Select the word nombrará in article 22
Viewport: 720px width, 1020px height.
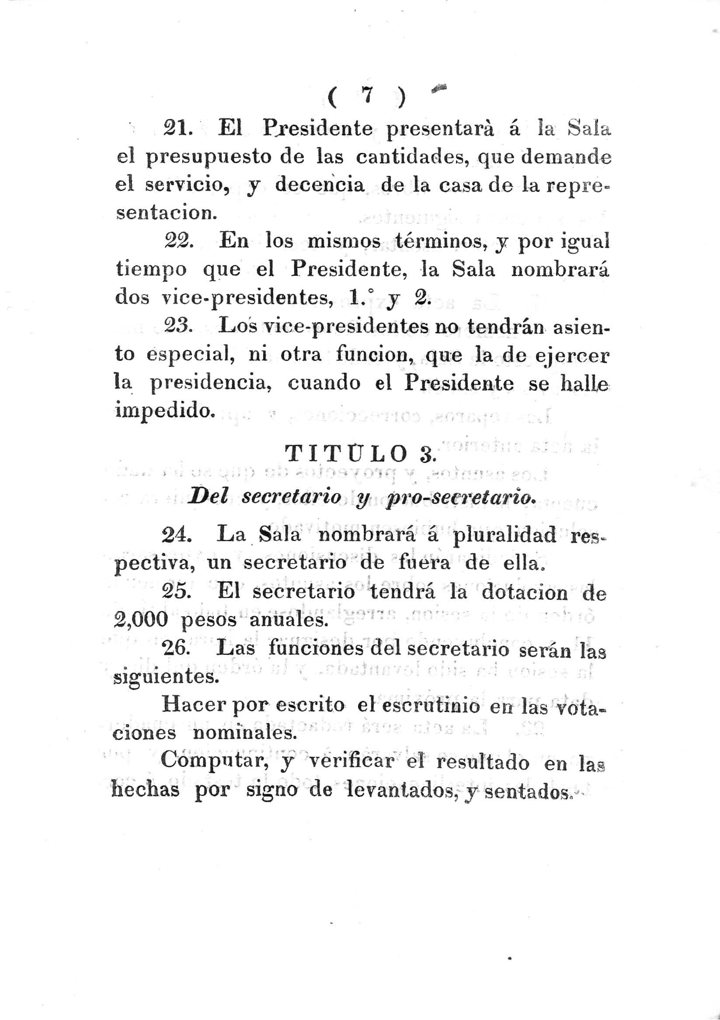(x=560, y=270)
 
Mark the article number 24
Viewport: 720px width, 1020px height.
(x=177, y=536)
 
